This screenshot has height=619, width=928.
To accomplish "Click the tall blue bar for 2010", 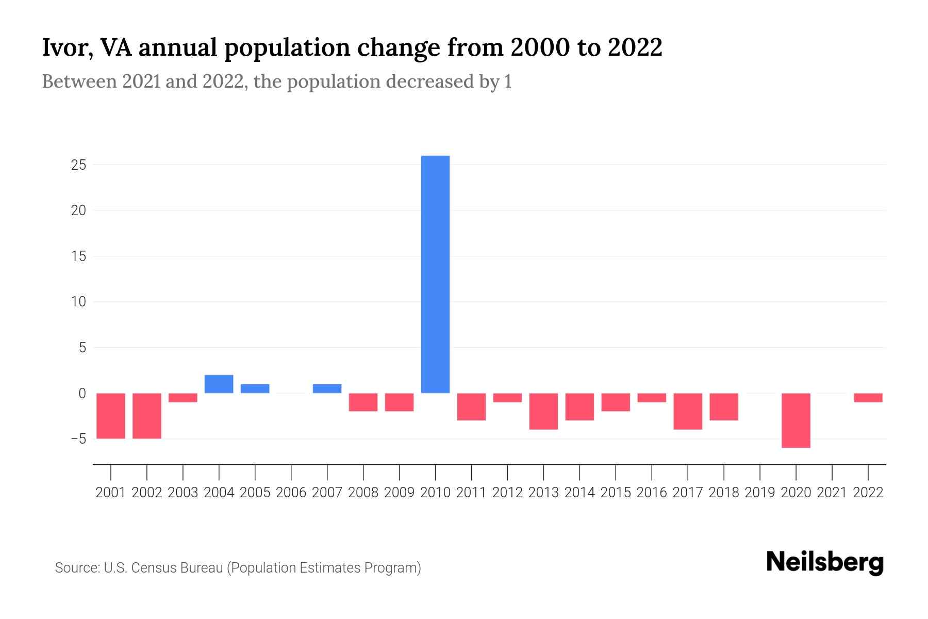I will click(435, 274).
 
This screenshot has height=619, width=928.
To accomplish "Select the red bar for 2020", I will click(796, 420).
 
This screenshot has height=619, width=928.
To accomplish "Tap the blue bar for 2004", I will click(219, 384).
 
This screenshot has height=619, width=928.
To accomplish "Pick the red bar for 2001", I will click(111, 415).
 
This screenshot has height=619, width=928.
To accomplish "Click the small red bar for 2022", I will click(868, 398).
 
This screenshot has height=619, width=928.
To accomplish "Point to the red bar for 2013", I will click(543, 411).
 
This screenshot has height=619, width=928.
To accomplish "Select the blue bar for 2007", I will click(327, 388).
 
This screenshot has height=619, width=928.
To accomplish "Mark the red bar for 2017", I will click(688, 411).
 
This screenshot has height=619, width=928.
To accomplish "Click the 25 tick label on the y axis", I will click(79, 165).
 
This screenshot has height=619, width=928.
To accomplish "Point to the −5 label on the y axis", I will click(78, 439).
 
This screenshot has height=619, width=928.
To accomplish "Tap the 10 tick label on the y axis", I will click(79, 302).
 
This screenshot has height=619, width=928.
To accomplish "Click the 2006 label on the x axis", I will click(291, 493).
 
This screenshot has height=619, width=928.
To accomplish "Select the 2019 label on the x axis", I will click(760, 493).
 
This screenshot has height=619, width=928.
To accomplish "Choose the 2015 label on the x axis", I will click(616, 493).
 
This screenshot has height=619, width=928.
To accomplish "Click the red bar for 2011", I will click(471, 406).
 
